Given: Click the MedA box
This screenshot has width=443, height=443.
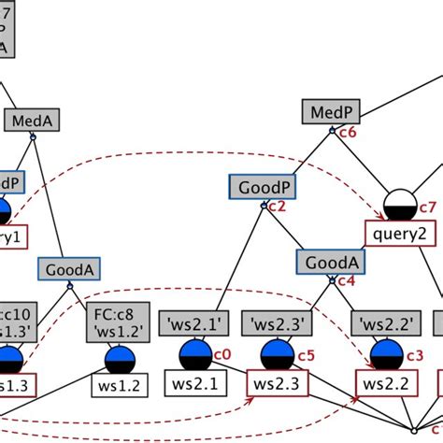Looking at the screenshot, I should coord(32,121).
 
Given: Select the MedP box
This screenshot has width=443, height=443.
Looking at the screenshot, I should coord(330,113).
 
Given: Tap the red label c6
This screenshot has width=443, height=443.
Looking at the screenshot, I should coord(347,134).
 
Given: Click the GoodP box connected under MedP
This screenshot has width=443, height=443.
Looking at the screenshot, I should coord(257,187).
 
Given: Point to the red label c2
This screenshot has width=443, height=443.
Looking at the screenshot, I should coord(277,207).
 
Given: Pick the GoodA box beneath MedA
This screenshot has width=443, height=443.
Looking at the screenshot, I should coord(68,270).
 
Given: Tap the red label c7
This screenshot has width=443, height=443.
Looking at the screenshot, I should coord(427,207).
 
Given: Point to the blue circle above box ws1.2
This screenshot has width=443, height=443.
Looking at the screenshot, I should coord(120,360).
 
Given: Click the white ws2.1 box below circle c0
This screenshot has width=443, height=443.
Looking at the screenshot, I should coord(193,384).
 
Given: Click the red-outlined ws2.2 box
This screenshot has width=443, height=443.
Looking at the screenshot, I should coord(383,384).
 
